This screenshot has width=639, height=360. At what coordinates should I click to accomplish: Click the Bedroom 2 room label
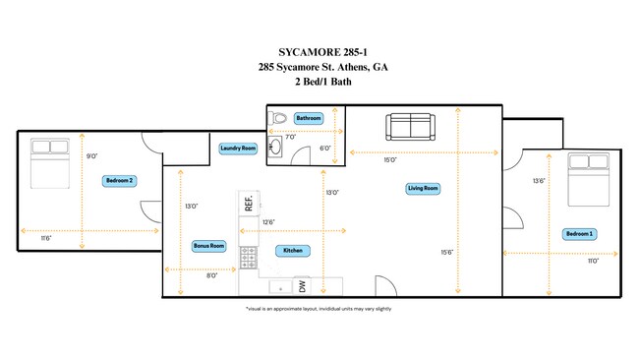(x=119, y=181)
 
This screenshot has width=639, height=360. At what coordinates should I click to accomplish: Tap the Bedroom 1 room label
(x=579, y=234)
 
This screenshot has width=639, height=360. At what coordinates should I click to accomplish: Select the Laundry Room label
(x=238, y=149)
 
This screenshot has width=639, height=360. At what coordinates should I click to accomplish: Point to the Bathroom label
(x=309, y=118)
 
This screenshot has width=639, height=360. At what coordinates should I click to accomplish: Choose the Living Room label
(x=423, y=188)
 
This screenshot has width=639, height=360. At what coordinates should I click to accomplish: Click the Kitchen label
(x=293, y=251)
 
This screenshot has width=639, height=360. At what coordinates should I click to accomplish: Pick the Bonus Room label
(x=208, y=246)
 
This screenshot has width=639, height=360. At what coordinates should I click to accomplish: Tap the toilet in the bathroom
(x=277, y=119)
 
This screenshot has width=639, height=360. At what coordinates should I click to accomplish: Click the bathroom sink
(x=275, y=147)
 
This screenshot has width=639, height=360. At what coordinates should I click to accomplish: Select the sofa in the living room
(x=410, y=127)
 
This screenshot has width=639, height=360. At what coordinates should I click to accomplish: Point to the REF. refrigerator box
(x=249, y=203)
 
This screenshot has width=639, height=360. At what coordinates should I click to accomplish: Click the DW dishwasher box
(x=302, y=286)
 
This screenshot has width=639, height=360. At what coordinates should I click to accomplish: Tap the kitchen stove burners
(x=248, y=258)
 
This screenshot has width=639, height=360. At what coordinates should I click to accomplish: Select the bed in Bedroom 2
(x=50, y=163)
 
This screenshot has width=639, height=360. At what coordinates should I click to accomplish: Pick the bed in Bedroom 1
(x=589, y=179)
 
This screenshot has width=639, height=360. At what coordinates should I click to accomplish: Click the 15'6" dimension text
(x=447, y=253)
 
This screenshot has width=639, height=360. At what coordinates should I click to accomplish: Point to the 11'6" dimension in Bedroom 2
(x=46, y=238)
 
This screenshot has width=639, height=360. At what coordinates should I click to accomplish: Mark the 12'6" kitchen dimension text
(x=268, y=222)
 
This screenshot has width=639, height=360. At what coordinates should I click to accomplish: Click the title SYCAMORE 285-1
(x=322, y=52)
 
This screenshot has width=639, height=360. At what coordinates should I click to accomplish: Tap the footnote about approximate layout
(x=319, y=309)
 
